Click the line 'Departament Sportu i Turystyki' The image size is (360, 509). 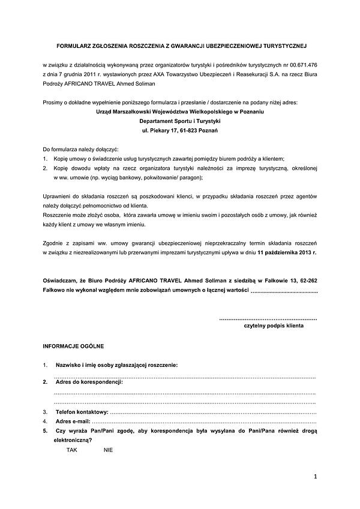click(180, 121)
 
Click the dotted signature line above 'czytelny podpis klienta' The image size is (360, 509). click(268, 318)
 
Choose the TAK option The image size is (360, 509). click(72, 449)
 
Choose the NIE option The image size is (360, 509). click(108, 449)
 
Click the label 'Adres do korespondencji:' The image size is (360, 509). click(89, 381)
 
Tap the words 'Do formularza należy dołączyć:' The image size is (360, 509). click(81, 148)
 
